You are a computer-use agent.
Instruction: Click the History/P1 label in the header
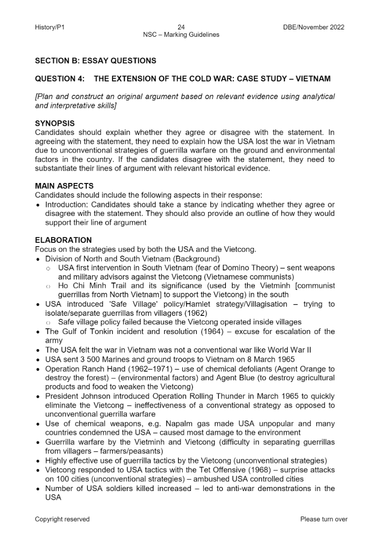[50, 27]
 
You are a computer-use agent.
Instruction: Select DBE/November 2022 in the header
[310, 27]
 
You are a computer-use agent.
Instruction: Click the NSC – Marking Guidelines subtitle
[181, 35]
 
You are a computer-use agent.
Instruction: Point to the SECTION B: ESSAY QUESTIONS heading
[96, 61]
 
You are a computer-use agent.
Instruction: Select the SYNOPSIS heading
[55, 123]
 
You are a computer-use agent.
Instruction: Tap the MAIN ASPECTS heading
[64, 186]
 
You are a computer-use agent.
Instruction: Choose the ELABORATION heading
[63, 240]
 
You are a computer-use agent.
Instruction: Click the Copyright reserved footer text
[62, 519]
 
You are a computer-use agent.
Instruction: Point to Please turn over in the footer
[324, 519]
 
